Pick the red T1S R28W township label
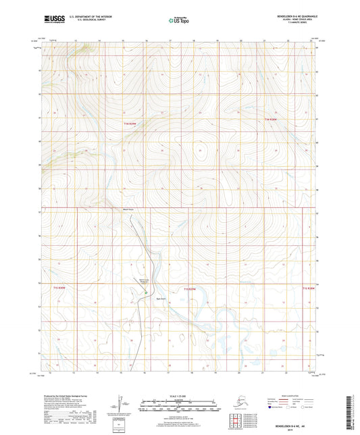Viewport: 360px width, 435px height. point(309,288)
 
